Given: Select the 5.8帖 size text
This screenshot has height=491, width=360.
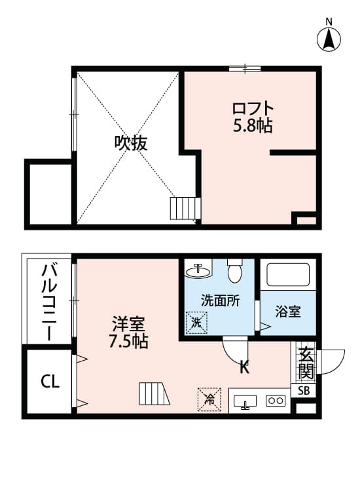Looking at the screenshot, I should click(x=253, y=126).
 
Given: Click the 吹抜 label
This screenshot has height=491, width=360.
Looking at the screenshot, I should click(x=131, y=143).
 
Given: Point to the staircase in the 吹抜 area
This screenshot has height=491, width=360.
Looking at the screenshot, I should click(x=183, y=209).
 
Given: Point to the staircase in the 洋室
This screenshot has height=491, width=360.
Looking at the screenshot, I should click(x=154, y=395).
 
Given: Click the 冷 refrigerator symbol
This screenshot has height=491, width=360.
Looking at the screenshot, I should click(x=207, y=397).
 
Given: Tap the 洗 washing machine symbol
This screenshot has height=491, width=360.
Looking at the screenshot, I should click(x=196, y=321).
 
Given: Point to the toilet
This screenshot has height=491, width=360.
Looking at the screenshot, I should click(x=235, y=269).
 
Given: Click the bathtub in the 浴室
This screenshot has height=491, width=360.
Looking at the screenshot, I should click(x=288, y=276).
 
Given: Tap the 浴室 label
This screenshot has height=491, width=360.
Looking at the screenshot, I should click(x=288, y=312).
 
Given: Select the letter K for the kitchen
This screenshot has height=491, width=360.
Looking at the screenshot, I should click(x=244, y=367).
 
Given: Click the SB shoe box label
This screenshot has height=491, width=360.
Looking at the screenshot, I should click(x=305, y=391).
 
